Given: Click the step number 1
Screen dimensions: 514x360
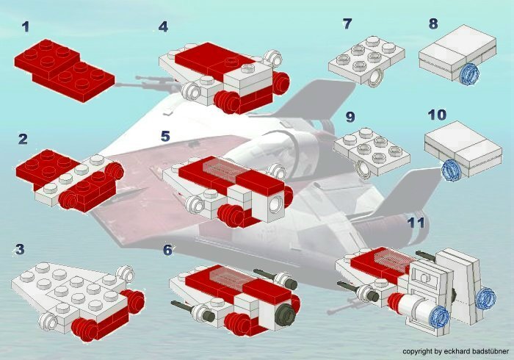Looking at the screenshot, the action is pyautogui.click(x=26, y=27).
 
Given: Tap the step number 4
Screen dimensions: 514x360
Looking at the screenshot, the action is pyautogui.click(x=163, y=27).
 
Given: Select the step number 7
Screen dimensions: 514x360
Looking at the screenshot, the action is pyautogui.click(x=347, y=24).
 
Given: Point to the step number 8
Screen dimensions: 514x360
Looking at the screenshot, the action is pyautogui.click(x=433, y=24).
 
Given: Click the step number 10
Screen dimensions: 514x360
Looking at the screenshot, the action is pyautogui.click(x=438, y=115).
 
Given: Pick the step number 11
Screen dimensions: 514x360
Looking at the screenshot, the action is pyautogui.click(x=416, y=223).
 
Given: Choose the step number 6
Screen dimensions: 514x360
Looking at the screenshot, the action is pyautogui.click(x=167, y=250).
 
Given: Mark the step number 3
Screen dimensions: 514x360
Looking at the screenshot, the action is pyautogui.click(x=20, y=249).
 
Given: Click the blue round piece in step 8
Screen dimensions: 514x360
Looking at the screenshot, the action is pyautogui.click(x=469, y=74).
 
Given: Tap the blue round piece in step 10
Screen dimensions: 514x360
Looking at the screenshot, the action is pyautogui.click(x=451, y=170).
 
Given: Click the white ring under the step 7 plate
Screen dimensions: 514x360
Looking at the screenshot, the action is pyautogui.click(x=374, y=79).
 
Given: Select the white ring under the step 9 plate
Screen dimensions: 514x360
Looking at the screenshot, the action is pyautogui.click(x=364, y=170).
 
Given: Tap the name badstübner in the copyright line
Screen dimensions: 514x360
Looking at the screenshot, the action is pyautogui.click(x=491, y=351).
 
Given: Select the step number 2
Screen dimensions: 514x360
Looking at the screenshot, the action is pyautogui.click(x=23, y=140).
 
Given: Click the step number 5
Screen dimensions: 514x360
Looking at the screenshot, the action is pyautogui.click(x=165, y=137).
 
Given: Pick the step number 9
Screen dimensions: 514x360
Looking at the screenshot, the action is pyautogui.click(x=350, y=117).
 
